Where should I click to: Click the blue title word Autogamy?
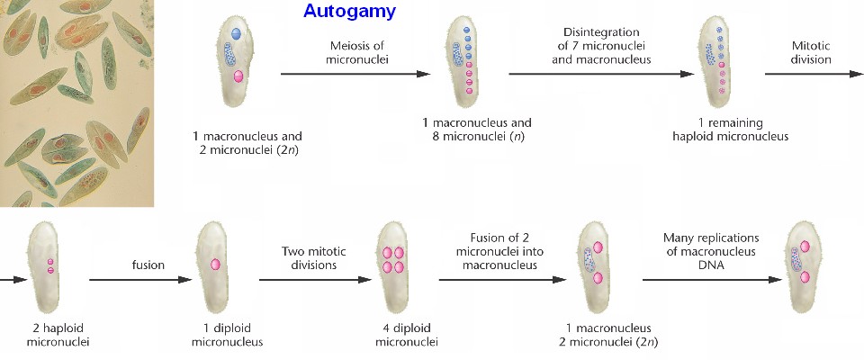click(x=349, y=12)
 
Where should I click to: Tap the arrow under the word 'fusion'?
click(x=144, y=280)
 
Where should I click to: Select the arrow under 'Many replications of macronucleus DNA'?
click(x=711, y=280)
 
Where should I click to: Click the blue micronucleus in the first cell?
click(x=236, y=32)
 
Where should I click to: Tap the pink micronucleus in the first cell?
click(x=238, y=77)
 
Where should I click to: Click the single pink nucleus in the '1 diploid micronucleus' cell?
click(x=216, y=264)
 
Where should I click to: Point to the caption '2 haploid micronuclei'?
click(x=51, y=334)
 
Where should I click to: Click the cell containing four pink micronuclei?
click(x=393, y=261)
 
